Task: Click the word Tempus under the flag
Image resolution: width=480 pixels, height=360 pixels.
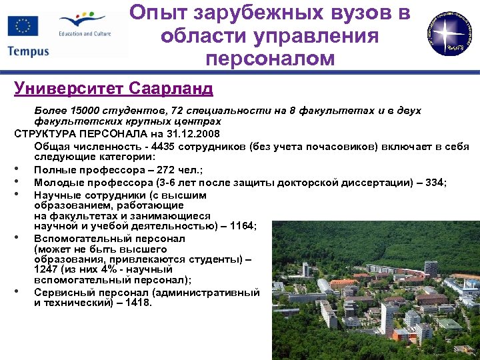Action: pos(29,51)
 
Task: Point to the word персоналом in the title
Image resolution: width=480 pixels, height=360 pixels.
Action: pos(270,59)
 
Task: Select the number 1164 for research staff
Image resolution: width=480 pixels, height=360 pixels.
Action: pos(242,227)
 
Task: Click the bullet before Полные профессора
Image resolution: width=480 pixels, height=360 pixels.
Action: pos(23,170)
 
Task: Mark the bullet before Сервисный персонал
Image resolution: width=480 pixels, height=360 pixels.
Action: pos(23,292)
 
